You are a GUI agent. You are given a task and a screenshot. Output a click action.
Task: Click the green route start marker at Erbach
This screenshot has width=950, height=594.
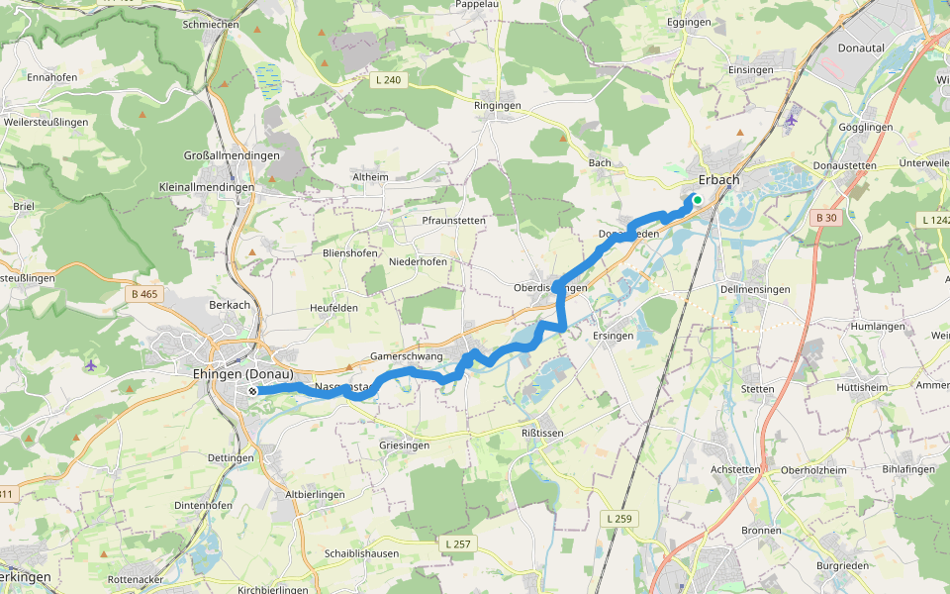click(697, 200)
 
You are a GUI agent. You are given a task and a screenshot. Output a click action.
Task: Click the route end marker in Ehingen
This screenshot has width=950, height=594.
click(253, 391)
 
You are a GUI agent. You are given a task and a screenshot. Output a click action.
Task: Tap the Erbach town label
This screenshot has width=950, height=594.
click(718, 179)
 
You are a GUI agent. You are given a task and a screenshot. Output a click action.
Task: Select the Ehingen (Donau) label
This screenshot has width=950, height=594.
click(243, 374)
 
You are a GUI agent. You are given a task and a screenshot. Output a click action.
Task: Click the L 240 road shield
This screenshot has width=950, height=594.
click(389, 79)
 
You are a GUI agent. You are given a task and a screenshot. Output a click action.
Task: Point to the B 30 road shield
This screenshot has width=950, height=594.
click(826, 217)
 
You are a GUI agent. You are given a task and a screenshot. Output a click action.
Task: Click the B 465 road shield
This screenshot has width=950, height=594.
click(144, 294)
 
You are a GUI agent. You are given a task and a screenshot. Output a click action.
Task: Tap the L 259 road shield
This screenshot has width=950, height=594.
click(617, 518)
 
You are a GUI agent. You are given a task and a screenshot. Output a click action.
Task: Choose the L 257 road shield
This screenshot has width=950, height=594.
click(458, 544)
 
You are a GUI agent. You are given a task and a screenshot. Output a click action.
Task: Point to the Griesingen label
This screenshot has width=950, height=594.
click(404, 445)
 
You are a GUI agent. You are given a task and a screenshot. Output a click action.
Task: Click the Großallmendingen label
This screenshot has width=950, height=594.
click(233, 155)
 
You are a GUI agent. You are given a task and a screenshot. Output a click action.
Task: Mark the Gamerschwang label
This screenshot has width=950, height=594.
click(406, 354)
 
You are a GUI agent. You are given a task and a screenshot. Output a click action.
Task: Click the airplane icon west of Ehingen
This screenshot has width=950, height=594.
click(91, 366)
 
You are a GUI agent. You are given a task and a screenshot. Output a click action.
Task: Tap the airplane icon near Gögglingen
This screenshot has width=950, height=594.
click(790, 120)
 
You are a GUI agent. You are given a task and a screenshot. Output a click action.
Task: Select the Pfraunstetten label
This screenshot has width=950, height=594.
click(453, 220)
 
